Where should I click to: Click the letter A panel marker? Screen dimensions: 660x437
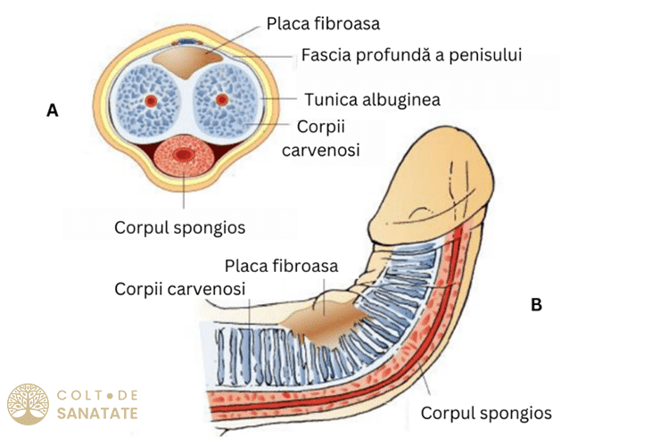(x=53, y=111)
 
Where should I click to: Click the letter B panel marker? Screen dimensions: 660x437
(x=536, y=304)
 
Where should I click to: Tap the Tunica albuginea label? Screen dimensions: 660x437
(x=373, y=100)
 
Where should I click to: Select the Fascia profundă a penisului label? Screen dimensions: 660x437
(x=411, y=54)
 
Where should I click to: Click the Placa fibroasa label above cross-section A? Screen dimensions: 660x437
(x=323, y=23)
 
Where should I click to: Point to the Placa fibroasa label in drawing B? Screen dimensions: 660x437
(x=281, y=266)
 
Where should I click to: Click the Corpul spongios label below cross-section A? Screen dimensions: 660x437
(x=180, y=227)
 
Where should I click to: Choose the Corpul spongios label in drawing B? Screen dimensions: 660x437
(x=486, y=413)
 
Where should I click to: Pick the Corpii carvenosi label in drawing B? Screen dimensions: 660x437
(x=180, y=289)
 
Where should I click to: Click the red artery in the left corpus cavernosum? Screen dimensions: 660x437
(x=150, y=100)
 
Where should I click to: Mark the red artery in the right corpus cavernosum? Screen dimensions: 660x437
(x=222, y=100)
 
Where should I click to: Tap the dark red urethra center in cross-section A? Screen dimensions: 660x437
(x=182, y=154)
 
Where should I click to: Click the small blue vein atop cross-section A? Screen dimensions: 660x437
(x=186, y=42)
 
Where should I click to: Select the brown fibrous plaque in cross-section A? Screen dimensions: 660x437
(x=187, y=62)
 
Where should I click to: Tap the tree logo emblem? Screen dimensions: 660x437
(x=28, y=404)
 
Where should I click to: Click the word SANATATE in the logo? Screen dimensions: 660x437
(x=97, y=414)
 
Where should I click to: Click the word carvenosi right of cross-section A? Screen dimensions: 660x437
(x=321, y=151)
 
